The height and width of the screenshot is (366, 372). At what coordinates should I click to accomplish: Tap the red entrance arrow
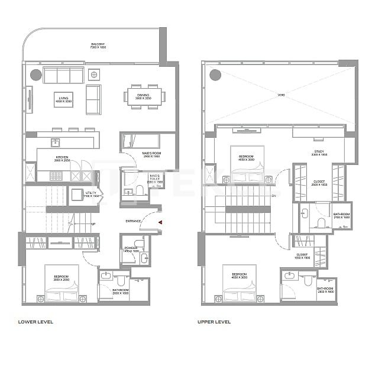point(160,222)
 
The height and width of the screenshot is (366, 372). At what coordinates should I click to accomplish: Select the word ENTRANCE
point(134,221)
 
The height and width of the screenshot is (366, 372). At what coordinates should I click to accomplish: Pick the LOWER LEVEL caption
point(35,322)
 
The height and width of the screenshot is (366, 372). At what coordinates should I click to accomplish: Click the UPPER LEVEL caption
point(214,322)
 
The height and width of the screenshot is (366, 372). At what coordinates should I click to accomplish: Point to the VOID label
point(281,95)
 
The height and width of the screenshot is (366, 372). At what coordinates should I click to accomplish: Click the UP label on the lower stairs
point(93,224)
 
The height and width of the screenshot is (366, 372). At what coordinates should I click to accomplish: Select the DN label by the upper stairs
point(273,196)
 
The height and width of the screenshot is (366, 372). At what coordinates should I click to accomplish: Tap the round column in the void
point(215,75)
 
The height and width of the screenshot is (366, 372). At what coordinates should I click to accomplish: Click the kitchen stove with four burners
point(56,176)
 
